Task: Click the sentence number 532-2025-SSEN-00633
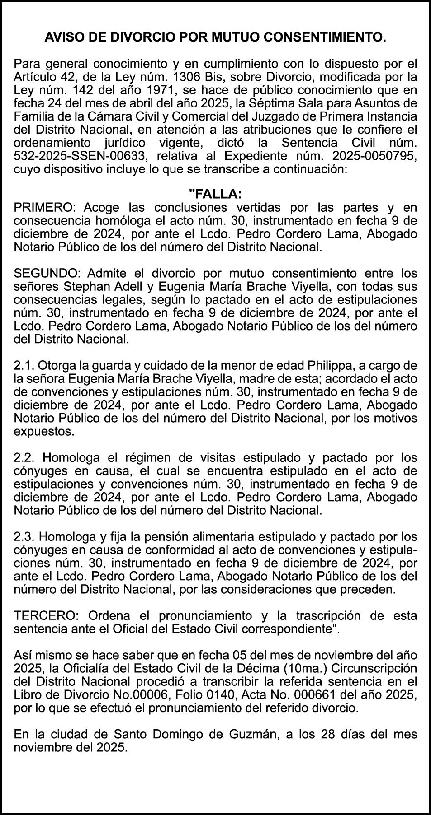[x=80, y=156]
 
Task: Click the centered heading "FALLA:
[x=215, y=194]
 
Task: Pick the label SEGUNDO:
[x=47, y=274]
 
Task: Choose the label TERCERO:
[x=47, y=616]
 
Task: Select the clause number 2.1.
[x=23, y=365]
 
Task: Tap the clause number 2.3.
[x=23, y=537]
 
